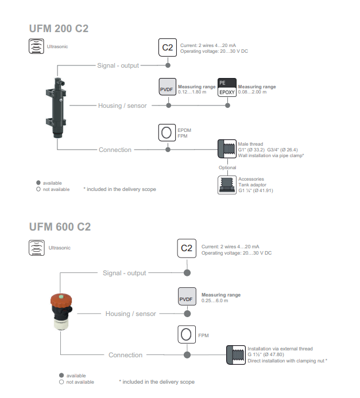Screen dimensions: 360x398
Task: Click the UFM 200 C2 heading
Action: tap(59, 29)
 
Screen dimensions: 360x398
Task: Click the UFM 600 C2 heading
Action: tap(60, 227)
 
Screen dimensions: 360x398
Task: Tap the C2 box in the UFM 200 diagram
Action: tap(168, 48)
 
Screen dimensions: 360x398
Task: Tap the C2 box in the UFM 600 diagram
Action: tap(187, 248)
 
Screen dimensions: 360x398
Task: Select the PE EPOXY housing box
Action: tap(227, 87)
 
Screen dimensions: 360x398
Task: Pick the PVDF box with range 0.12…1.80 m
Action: tap(168, 87)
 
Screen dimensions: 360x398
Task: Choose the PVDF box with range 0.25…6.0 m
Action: tap(187, 296)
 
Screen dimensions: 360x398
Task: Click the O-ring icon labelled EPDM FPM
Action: tap(167, 132)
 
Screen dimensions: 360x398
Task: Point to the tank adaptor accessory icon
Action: tap(227, 185)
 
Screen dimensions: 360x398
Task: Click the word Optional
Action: tap(227, 167)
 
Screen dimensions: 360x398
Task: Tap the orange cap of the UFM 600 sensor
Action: tap(61, 300)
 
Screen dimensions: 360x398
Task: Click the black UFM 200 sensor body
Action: tap(56, 108)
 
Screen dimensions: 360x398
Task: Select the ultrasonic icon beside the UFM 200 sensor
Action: tap(36, 46)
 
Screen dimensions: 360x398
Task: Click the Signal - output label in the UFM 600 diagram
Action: tap(124, 273)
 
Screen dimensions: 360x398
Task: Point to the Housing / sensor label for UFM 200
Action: tap(122, 106)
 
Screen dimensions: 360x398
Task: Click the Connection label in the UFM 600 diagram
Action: tap(126, 355)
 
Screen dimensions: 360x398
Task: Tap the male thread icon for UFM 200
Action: tap(227, 149)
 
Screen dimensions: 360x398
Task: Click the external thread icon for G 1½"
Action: tap(236, 355)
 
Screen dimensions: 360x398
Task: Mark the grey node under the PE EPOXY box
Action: tap(227, 106)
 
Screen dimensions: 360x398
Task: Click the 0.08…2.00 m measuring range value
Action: tap(252, 92)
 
